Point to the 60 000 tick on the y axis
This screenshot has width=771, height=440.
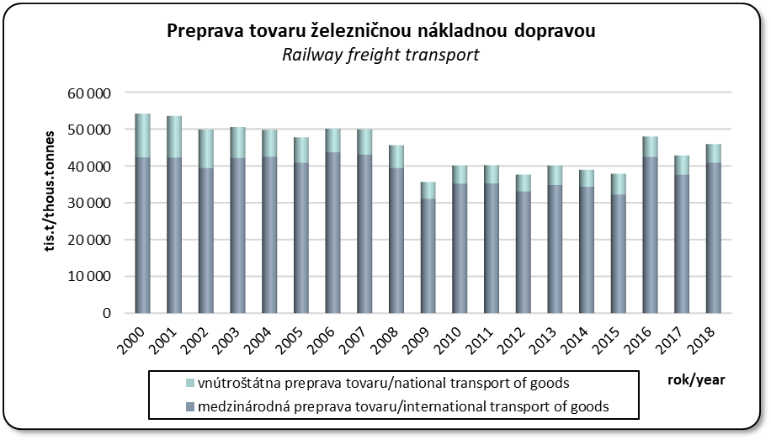click(x=94, y=93)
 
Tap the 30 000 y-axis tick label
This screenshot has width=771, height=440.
click(x=94, y=203)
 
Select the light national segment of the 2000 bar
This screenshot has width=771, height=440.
click(x=143, y=135)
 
